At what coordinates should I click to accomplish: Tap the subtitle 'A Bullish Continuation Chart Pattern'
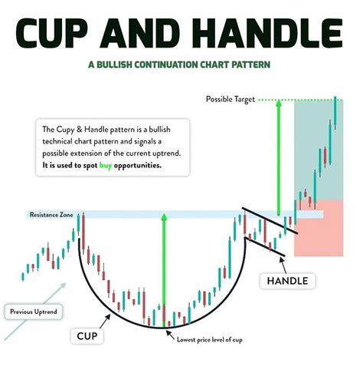[181, 66]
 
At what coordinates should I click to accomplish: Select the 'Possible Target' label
[230, 100]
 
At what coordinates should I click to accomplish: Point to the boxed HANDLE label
[287, 281]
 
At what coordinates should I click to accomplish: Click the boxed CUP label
[91, 336]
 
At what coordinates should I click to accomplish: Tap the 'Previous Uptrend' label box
[33, 312]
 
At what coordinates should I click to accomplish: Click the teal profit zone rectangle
[314, 150]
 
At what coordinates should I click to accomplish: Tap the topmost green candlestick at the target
[335, 111]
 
